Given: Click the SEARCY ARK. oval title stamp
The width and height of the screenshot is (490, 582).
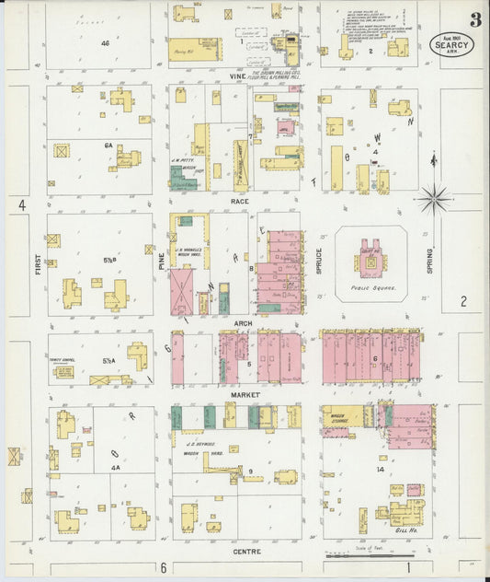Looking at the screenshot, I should [451, 45].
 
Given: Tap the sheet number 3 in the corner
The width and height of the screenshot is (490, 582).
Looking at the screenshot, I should [474, 19].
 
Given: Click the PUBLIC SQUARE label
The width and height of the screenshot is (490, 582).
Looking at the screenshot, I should [370, 286].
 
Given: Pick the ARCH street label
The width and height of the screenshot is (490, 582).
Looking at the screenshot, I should [243, 323].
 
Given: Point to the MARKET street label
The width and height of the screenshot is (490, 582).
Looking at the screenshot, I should [245, 394].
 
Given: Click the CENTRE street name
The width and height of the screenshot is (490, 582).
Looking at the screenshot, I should [246, 552].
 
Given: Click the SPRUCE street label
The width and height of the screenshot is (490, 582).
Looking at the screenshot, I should [319, 259].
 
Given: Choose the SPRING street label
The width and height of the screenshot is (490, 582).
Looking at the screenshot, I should [429, 257].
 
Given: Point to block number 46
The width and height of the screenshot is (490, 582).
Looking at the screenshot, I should [106, 43].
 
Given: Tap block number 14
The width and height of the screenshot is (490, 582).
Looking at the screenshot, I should [379, 469].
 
